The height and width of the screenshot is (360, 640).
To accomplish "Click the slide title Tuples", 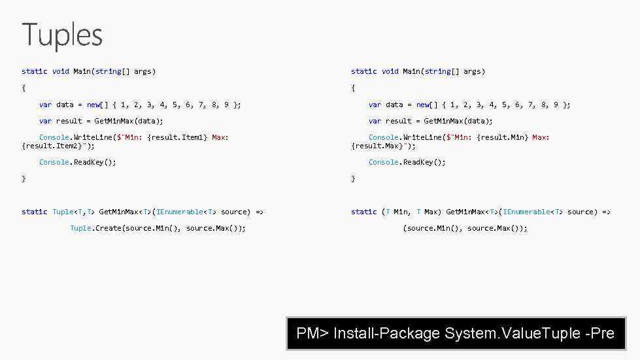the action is pos(62,35).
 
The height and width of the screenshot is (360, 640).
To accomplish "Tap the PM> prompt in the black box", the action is pos(312,333).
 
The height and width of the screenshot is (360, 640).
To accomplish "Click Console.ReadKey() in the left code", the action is pos(77,162).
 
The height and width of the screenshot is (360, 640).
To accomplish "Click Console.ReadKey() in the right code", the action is pos(407,162).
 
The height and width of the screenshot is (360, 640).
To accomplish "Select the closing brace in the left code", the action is pos(24,178).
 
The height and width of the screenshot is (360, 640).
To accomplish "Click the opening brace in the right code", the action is pos(353,88).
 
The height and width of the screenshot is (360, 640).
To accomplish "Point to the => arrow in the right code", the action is pos(606,212).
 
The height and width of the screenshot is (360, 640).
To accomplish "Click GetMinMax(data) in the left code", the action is pos(129,121).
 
